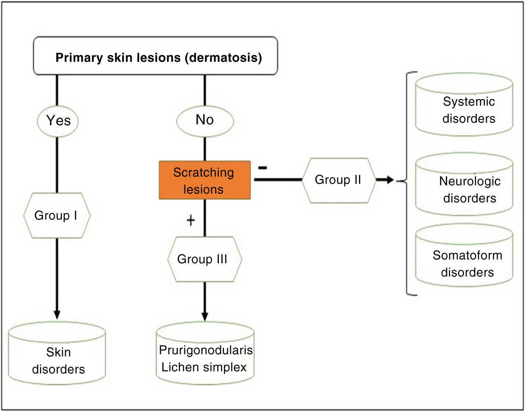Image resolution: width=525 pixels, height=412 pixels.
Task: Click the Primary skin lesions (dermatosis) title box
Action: [x=155, y=55]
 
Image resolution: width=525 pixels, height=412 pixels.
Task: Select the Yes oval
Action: [x=58, y=121]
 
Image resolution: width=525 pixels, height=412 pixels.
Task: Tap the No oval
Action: [x=205, y=121]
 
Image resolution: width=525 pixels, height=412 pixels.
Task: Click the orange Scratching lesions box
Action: [x=205, y=180]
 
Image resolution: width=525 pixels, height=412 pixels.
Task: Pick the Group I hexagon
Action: [x=57, y=215]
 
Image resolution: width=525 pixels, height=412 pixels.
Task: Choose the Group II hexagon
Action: [x=339, y=180]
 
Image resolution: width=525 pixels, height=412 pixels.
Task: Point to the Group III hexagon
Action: [x=205, y=259]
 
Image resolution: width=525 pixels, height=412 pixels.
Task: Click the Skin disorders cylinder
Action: [x=57, y=353]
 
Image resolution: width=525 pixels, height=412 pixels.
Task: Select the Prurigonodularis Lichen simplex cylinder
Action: [x=205, y=353]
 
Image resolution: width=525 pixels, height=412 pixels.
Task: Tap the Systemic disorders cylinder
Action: [x=464, y=104]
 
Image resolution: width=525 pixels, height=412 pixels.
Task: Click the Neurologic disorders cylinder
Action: [x=464, y=184]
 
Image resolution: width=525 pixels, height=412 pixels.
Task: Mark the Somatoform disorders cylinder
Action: [x=464, y=255]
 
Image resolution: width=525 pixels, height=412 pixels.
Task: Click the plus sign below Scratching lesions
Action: [x=191, y=220]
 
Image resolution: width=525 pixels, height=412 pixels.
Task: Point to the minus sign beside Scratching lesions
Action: [x=263, y=168]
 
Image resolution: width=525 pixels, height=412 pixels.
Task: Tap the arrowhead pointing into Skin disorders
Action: [x=57, y=314]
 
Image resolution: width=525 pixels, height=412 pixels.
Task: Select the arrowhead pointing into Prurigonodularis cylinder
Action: [x=205, y=316]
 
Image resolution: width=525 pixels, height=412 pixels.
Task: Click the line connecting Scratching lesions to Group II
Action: [x=278, y=179]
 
